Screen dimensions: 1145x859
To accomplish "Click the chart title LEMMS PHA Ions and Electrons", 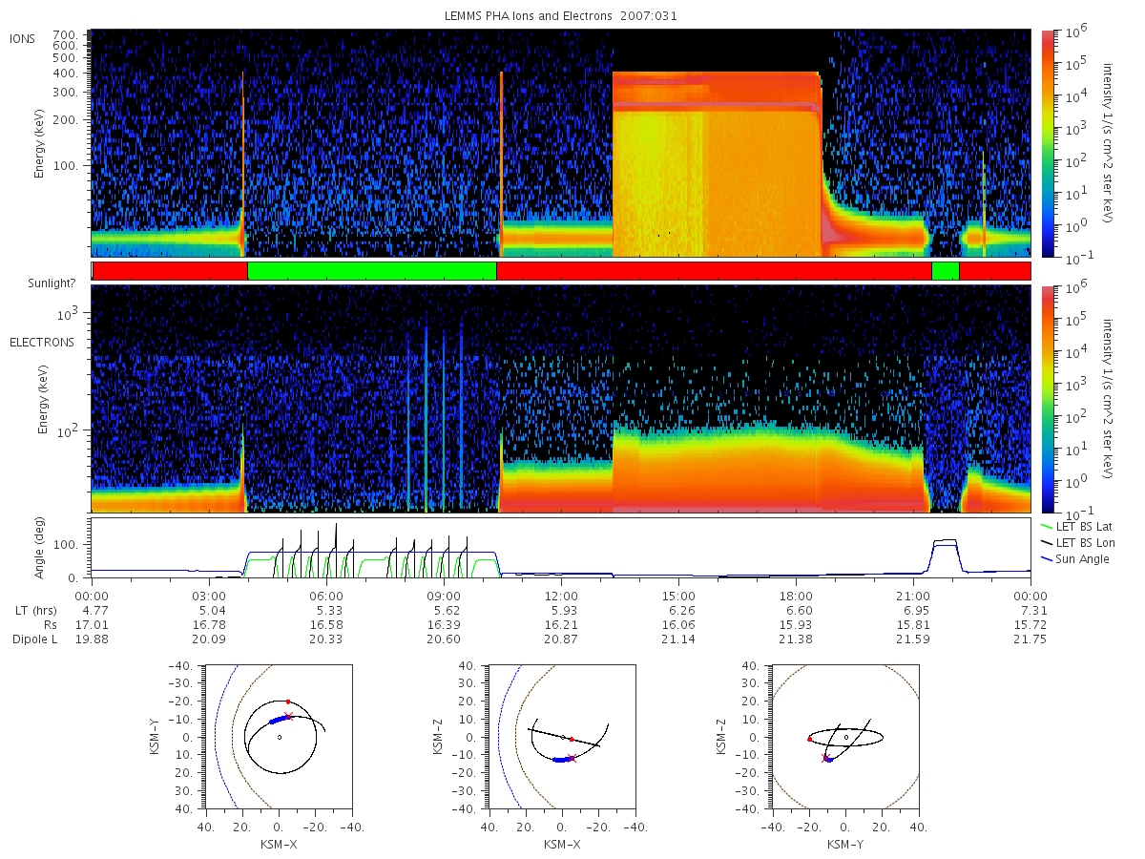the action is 528,16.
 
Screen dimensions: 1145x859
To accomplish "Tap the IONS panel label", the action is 23,39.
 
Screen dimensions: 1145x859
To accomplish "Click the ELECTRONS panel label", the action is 42,342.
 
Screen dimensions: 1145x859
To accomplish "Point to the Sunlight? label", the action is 52,283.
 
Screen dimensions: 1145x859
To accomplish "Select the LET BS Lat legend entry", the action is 1083,526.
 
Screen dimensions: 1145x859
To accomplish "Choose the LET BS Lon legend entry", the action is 1085,542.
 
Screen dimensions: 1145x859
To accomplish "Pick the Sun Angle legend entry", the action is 1082,559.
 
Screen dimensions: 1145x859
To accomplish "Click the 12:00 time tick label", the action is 561,597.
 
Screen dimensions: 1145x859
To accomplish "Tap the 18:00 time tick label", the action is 796,597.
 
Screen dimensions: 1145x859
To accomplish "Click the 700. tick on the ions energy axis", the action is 65,35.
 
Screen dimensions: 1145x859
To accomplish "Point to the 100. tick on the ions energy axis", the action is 65,166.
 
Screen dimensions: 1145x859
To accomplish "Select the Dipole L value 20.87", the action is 561,639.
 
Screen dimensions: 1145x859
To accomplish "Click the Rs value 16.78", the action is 209,625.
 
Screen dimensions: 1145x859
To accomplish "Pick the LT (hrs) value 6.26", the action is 678,610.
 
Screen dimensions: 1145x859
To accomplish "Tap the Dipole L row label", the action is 34,639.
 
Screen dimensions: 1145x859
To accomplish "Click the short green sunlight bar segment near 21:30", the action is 946,271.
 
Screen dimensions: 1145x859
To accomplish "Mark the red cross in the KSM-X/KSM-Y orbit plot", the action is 288,716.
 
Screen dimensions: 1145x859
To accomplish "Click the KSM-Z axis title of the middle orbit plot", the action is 438,737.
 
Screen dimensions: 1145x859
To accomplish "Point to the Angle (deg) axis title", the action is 38,548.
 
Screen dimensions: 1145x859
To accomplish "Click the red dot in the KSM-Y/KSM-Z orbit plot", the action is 809,739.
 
